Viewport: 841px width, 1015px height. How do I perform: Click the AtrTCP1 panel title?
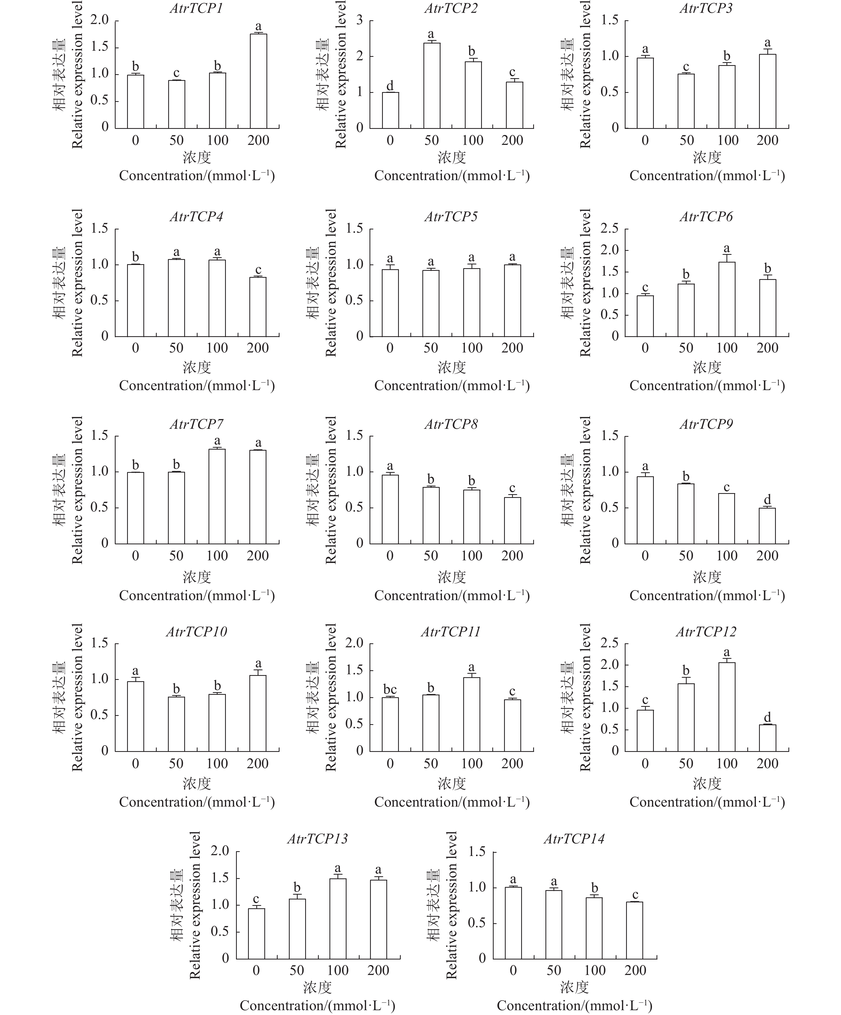coord(196,9)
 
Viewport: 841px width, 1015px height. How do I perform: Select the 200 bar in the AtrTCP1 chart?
coord(258,81)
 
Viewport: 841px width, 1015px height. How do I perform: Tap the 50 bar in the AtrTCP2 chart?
coord(431,86)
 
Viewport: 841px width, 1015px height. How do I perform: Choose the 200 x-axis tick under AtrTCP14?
coord(635,970)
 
